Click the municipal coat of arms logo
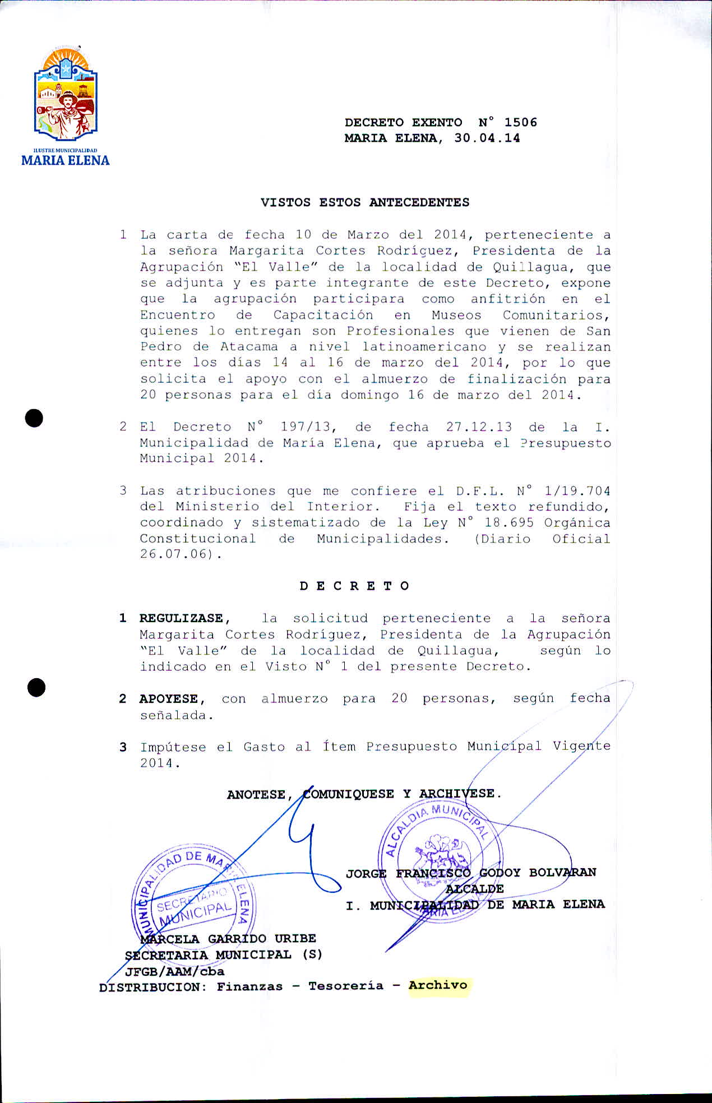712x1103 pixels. pyautogui.click(x=66, y=95)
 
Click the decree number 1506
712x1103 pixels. pyautogui.click(x=520, y=122)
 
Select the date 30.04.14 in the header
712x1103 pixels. pyautogui.click(x=487, y=138)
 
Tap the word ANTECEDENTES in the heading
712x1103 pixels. pyautogui.click(x=419, y=202)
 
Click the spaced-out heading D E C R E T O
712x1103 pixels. pyautogui.click(x=354, y=586)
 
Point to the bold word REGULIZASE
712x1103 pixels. pyautogui.click(x=182, y=618)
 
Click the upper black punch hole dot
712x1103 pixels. pyautogui.click(x=35, y=418)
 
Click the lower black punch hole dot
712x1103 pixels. pyautogui.click(x=36, y=687)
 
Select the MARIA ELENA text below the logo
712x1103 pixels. pyautogui.click(x=66, y=160)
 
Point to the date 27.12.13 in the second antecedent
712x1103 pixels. pyautogui.click(x=479, y=427)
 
